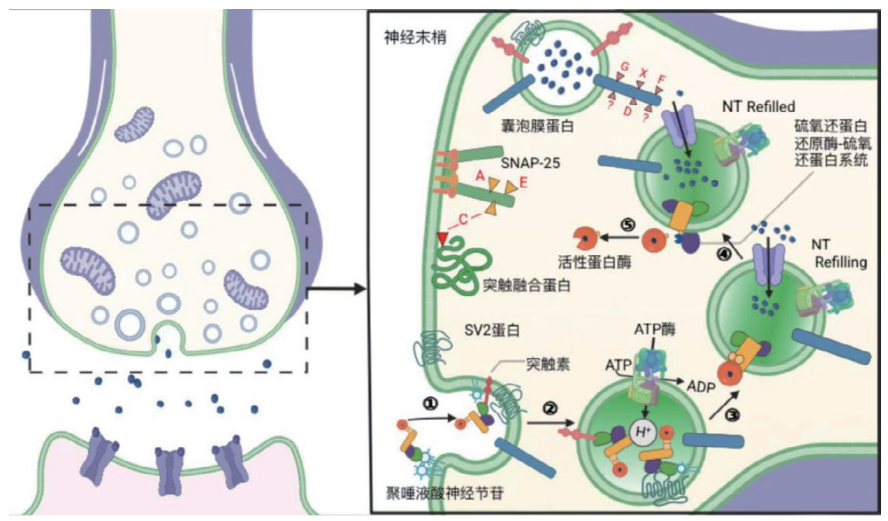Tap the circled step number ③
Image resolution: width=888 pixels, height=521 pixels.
click(x=732, y=415)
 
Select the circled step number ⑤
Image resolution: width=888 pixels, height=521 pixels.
click(x=627, y=226)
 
